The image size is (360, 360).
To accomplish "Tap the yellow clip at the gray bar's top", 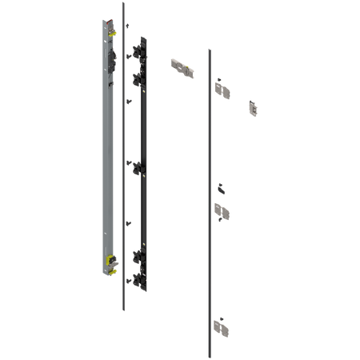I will [111, 30].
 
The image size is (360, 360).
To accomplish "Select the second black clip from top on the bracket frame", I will [137, 78].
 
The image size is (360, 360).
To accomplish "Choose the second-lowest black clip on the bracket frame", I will [137, 258].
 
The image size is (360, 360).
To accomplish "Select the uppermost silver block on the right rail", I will [225, 89].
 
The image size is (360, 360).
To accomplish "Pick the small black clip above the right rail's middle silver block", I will [222, 189].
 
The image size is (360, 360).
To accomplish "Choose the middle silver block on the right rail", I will [222, 210].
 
